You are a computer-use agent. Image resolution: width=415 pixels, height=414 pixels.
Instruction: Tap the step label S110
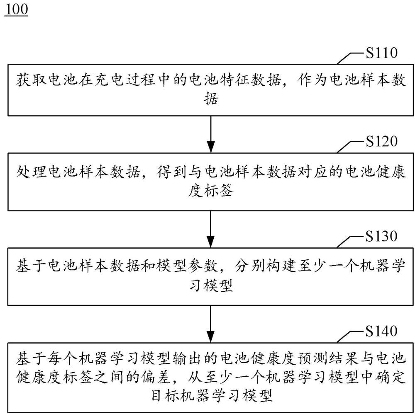click(381, 53)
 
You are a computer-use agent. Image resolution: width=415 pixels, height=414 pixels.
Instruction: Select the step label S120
click(381, 142)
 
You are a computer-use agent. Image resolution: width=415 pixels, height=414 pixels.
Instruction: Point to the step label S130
click(381, 236)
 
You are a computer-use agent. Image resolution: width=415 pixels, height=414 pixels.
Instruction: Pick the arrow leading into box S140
click(211, 323)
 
